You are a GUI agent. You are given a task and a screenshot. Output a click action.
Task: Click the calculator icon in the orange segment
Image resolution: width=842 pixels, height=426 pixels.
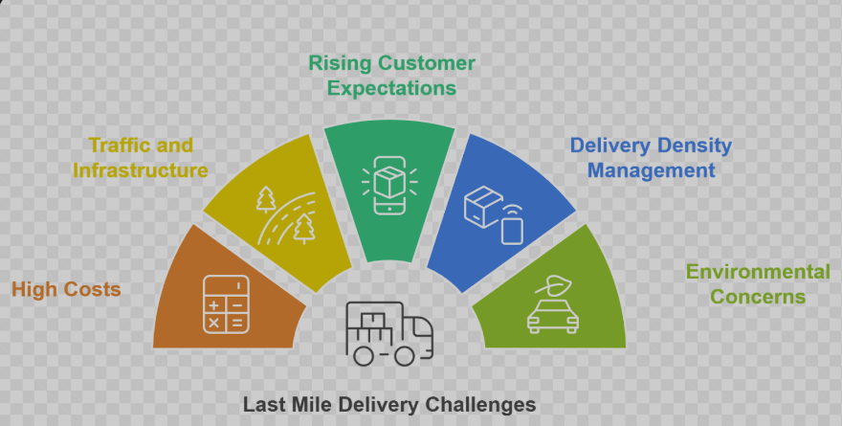[x=226, y=304]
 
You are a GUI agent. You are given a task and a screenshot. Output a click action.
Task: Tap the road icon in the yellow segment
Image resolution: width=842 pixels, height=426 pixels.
[x=286, y=216]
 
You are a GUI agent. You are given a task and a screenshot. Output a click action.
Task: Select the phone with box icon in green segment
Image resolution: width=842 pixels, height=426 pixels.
[x=389, y=186]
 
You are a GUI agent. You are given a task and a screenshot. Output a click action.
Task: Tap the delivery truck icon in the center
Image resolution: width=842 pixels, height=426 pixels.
[x=389, y=333]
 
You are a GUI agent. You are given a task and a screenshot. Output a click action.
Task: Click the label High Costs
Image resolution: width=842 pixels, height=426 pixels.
[x=66, y=289]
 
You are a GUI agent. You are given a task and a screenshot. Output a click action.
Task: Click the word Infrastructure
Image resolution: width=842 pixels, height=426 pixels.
[x=141, y=170]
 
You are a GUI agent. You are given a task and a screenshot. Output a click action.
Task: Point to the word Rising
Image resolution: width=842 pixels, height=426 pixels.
[x=340, y=63]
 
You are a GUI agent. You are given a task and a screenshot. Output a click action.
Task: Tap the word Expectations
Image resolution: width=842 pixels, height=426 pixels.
[x=392, y=88]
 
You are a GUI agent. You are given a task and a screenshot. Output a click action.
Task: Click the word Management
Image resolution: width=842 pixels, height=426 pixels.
[x=651, y=170]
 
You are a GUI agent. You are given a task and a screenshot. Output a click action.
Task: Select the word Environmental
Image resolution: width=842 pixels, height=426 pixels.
[x=758, y=272]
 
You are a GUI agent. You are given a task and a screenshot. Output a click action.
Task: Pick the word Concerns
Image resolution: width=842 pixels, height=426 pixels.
[x=758, y=297]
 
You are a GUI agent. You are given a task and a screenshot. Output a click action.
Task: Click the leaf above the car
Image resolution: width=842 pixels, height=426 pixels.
[x=553, y=284]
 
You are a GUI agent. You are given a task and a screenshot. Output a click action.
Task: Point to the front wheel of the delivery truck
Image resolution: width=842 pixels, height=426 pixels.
[x=406, y=356]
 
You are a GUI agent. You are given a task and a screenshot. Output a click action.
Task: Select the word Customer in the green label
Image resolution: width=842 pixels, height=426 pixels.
[x=427, y=63]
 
